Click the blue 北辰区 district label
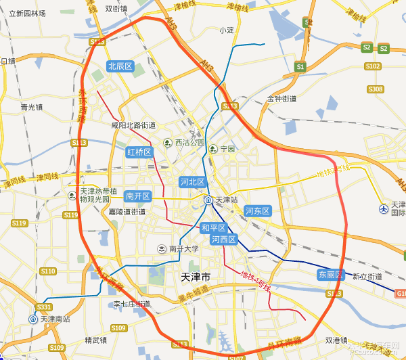click(121, 66)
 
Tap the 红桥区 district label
click(139, 152)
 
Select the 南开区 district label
click(138, 196)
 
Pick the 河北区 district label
click(192, 182)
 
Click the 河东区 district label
click(257, 211)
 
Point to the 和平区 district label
click(213, 228)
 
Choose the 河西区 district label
click(223, 240)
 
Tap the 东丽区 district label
click(331, 275)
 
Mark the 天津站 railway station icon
click(209, 200)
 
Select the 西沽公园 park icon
click(168, 143)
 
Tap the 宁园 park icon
click(213, 149)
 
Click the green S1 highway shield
click(300, 66)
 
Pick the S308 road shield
click(376, 89)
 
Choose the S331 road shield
click(44, 307)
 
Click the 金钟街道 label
click(282, 99)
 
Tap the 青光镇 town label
click(31, 107)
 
